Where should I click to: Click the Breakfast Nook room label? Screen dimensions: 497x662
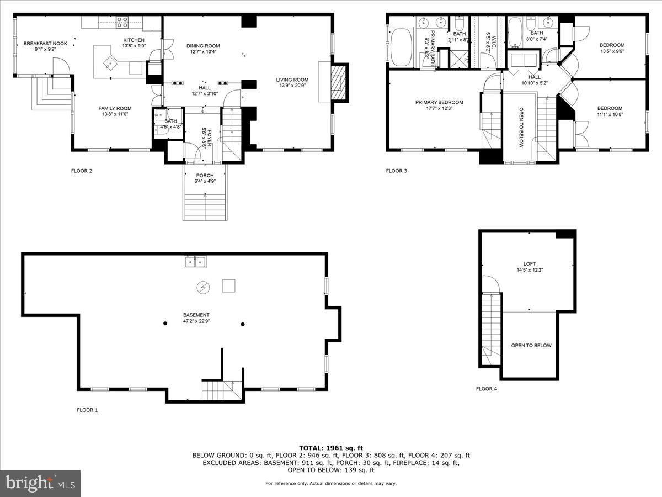tap(45, 43)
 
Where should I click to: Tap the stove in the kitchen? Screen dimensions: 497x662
tap(122, 22)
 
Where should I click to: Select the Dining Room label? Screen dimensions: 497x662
tap(202, 46)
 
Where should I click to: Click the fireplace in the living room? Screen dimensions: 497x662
tap(337, 84)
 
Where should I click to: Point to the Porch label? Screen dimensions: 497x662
tap(205, 176)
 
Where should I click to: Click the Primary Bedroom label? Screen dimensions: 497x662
tap(439, 102)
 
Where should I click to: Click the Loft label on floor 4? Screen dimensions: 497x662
tap(530, 263)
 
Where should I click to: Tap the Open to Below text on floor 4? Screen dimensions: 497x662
tap(531, 346)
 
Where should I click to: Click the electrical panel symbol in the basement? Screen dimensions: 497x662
tap(203, 287)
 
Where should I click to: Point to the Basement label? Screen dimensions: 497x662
tap(196, 315)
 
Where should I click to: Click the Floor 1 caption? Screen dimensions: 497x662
tap(87, 410)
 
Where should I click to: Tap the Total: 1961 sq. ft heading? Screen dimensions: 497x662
tap(330, 448)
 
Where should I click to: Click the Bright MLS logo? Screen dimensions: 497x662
tap(40, 484)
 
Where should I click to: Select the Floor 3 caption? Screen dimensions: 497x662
tap(396, 171)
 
